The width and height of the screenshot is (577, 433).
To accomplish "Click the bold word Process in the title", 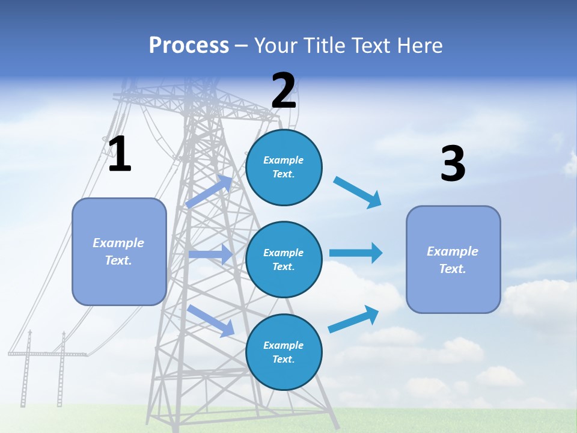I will (x=189, y=46).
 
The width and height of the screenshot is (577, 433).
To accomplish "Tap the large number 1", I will (x=120, y=155).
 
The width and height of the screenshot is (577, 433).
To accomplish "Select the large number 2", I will (x=284, y=91).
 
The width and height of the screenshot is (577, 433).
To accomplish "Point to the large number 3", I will (x=453, y=164).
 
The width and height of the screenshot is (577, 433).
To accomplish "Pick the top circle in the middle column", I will (x=284, y=167).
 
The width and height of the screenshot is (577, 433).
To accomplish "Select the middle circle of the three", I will (x=284, y=259).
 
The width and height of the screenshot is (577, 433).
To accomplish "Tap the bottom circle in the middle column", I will (x=284, y=352).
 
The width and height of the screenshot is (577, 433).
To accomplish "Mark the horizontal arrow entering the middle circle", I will (x=210, y=254).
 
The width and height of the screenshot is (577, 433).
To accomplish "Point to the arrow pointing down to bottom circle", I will (x=211, y=320).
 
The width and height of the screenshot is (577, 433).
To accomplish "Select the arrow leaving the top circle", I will (x=358, y=192).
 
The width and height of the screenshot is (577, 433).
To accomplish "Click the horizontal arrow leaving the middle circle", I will (x=356, y=253).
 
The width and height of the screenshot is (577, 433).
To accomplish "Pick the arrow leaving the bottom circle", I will (x=353, y=319).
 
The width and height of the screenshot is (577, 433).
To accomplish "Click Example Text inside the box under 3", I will (x=453, y=260).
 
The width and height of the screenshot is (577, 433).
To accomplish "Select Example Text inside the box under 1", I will (x=118, y=251).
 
